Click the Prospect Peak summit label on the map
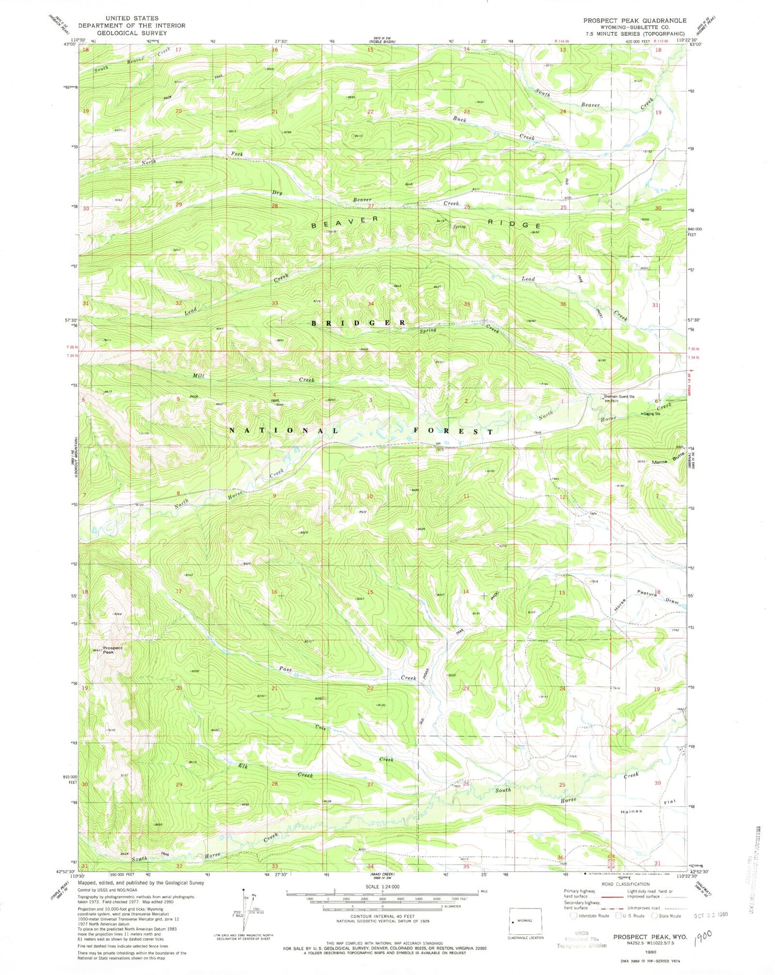click(x=113, y=650)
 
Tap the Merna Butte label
click(x=669, y=460)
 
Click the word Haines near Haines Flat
click(x=631, y=812)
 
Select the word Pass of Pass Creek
click(x=284, y=669)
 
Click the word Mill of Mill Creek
click(x=198, y=376)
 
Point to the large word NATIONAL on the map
click(x=284, y=430)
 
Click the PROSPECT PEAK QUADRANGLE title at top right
click(x=634, y=20)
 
